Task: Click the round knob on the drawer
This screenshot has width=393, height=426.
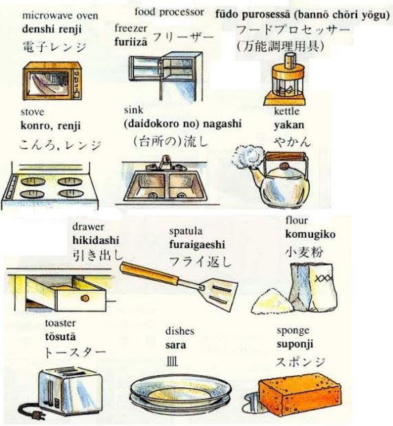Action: pyautogui.click(x=85, y=298)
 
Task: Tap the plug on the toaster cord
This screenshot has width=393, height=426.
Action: pyautogui.click(x=35, y=414)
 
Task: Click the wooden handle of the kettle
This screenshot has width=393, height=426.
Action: pyautogui.click(x=286, y=156)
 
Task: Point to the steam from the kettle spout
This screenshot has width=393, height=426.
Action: pyautogui.click(x=243, y=158)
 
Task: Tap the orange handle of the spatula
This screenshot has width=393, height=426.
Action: pyautogui.click(x=149, y=273)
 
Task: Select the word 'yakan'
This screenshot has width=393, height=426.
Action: pyautogui.click(x=289, y=125)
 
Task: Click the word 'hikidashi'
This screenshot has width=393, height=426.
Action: pyautogui.click(x=96, y=240)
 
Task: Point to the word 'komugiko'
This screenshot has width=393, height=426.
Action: pyautogui.click(x=310, y=234)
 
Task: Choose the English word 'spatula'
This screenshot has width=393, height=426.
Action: pyautogui.click(x=186, y=232)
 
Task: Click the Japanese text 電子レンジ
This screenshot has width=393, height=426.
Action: pyautogui.click(x=54, y=47)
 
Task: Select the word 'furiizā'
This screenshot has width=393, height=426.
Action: pyautogui.click(x=131, y=42)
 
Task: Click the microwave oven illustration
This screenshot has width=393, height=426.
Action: pyautogui.click(x=52, y=81)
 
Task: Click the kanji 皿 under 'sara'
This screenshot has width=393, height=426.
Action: pyautogui.click(x=172, y=361)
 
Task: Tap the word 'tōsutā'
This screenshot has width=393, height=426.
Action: pyautogui.click(x=61, y=337)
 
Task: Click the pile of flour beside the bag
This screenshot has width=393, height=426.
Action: pyautogui.click(x=272, y=302)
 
